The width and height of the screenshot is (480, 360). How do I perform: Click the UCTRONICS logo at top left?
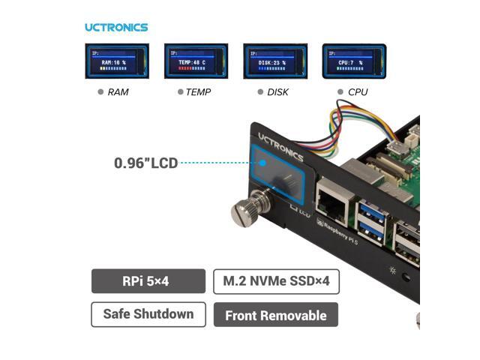pos(116,28)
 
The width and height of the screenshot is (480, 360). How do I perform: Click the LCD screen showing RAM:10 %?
pos(116,61)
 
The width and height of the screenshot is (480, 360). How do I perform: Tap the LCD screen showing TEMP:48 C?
pos(196,61)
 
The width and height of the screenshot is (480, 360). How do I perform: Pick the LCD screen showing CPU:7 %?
pos(353,61)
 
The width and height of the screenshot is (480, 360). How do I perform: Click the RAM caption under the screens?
pos(118,92)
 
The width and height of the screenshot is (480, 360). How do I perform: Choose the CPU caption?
pos(358,92)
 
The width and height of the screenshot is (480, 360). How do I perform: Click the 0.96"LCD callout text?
pos(145,162)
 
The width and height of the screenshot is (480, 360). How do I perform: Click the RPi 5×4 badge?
pos(148,282)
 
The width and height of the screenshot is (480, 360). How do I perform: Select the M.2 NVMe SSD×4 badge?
pos(276,282)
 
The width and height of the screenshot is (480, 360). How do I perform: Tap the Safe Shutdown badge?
pos(148,314)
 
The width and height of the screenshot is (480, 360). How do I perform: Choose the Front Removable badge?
pos(275,315)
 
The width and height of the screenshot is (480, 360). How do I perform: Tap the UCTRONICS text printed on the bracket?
pos(280,146)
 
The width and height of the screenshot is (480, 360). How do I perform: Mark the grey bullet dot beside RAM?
pos(100,92)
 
